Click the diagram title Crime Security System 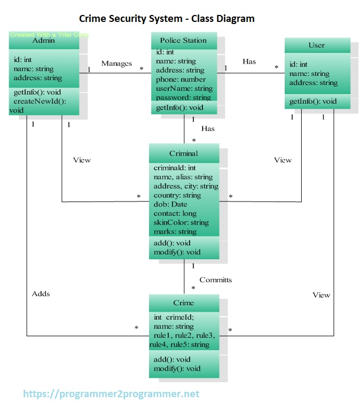click(167, 19)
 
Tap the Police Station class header click(183, 40)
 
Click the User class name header click(316, 45)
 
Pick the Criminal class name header click(183, 153)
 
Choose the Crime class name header click(183, 303)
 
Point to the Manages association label click(116, 64)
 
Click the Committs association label click(216, 280)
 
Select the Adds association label click(41, 294)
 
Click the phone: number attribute click(181, 80)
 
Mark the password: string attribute click(183, 98)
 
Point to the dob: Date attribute click(170, 205)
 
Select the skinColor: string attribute click(181, 222)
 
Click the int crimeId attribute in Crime click(174, 317)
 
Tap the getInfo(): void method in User click(313, 102)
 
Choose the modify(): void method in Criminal click(177, 252)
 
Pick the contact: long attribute click(175, 213)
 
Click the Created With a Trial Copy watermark click(49, 35)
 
